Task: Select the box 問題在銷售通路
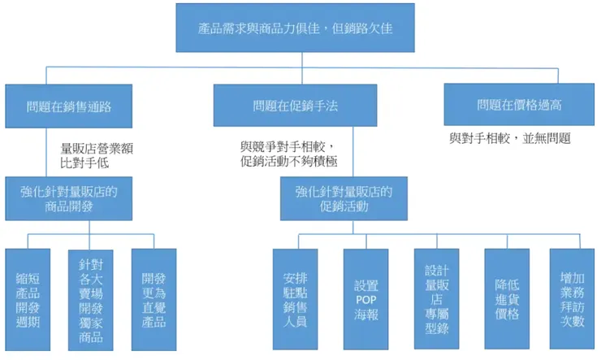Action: click(x=69, y=106)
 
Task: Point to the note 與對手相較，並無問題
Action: click(x=510, y=139)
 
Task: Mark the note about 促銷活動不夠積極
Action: click(x=289, y=161)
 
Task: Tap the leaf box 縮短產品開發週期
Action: click(x=28, y=299)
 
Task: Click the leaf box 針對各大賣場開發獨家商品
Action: click(x=91, y=300)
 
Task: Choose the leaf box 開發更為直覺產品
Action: click(x=153, y=300)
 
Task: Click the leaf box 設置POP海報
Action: click(x=365, y=299)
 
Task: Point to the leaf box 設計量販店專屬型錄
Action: click(x=437, y=299)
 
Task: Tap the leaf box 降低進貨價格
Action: click(x=507, y=299)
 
